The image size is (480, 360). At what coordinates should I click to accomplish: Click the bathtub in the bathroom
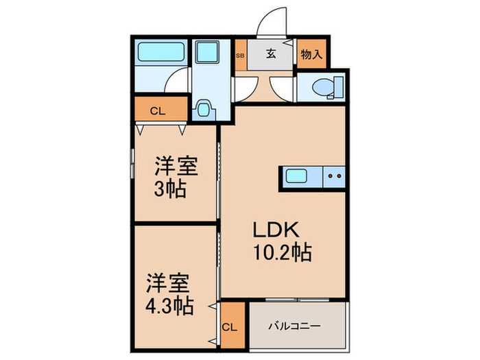(x=158, y=52)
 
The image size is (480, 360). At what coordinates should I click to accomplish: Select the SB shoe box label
(x=240, y=56)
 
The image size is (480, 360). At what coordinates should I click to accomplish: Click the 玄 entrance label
(x=271, y=55)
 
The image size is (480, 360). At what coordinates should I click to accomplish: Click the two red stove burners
(x=335, y=177)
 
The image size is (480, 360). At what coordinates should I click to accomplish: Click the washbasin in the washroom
(x=203, y=110)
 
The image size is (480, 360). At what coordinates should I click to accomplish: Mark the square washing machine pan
(x=204, y=53)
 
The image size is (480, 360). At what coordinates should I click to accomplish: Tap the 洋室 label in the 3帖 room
(x=176, y=166)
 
